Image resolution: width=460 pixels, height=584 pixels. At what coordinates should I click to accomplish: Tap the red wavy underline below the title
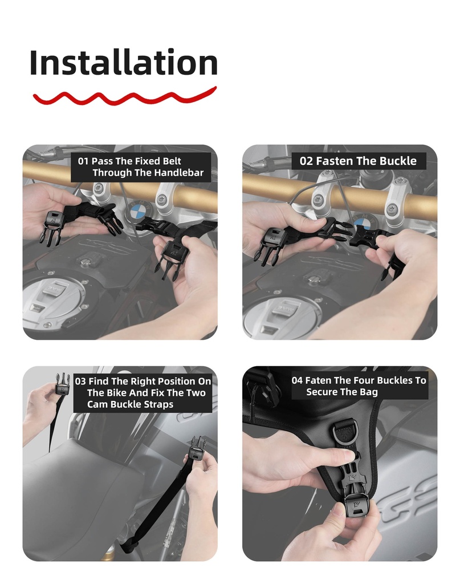coord(125,96)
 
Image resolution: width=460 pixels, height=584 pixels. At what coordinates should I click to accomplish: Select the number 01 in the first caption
coord(83,161)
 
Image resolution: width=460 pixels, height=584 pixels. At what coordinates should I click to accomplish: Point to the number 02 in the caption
coord(307,161)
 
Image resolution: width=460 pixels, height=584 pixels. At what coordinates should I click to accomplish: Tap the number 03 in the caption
coord(80,382)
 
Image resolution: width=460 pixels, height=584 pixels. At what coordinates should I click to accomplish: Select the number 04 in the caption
coord(297,380)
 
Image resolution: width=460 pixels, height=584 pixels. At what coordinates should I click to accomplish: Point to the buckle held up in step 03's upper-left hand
coord(62,386)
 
